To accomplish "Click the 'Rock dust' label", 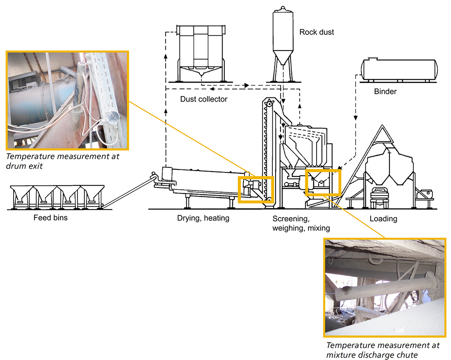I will point(317,32).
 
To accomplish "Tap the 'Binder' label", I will point(385,91).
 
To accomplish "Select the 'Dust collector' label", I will point(204,99).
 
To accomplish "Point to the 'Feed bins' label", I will point(51,218).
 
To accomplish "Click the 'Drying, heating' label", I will point(203,218).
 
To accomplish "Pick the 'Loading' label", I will point(383,219).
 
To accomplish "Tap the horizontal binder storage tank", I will point(398,70).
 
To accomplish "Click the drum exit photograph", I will point(67,100).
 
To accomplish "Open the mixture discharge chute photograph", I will point(384,287).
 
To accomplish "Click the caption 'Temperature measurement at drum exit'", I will point(63,161).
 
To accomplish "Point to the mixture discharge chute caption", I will point(383,349).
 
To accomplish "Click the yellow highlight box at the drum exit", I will point(256,189).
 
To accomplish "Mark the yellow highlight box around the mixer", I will point(322,182).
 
